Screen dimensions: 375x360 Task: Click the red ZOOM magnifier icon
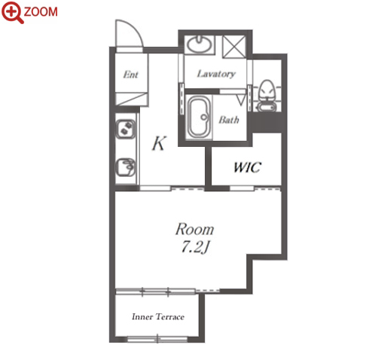12,12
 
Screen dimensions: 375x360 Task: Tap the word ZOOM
41,12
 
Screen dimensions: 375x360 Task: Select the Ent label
131,75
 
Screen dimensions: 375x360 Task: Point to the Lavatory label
216,74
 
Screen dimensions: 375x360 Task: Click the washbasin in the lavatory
199,44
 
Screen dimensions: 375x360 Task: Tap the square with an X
234,47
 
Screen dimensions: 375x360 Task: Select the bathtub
199,117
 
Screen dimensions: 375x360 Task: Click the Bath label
229,120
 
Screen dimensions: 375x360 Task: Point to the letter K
160,143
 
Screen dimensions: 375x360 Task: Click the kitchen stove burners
126,128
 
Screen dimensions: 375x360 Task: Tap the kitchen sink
126,167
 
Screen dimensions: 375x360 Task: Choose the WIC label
248,167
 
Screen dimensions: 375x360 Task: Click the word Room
194,229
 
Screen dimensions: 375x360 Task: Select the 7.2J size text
195,247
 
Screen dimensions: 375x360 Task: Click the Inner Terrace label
158,316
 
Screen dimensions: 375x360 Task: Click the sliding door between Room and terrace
156,291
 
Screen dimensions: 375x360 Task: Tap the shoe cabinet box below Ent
131,99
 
